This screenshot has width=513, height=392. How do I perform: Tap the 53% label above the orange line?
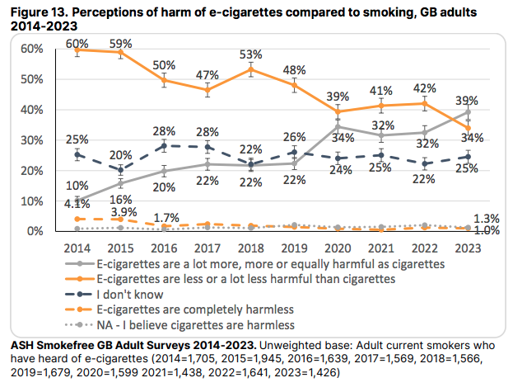(250, 54)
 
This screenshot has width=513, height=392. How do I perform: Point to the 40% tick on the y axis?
(32, 110)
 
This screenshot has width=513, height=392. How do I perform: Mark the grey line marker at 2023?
(468, 112)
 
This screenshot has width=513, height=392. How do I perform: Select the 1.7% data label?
(169, 217)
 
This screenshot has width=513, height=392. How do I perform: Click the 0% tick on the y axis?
(35, 232)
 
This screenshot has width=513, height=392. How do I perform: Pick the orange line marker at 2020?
(337, 111)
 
